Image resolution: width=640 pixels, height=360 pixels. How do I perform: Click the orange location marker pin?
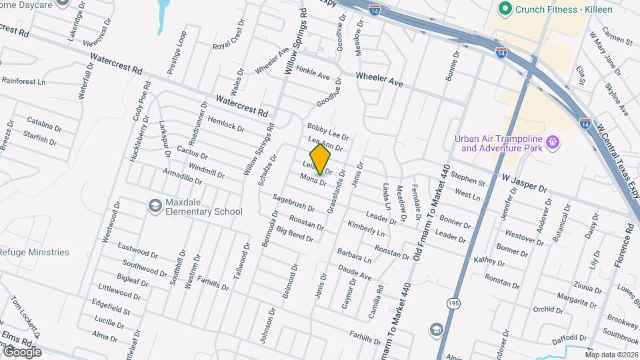click(321, 159)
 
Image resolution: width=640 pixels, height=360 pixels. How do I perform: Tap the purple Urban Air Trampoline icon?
click(551, 142)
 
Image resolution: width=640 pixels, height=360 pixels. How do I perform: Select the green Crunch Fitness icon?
click(505, 9)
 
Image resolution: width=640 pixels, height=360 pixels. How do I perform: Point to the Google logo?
click(22, 351)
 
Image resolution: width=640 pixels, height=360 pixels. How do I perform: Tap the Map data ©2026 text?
click(611, 354)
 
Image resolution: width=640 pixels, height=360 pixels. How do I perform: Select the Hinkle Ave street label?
click(313, 72)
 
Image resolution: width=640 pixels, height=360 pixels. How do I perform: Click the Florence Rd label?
click(629, 246)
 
